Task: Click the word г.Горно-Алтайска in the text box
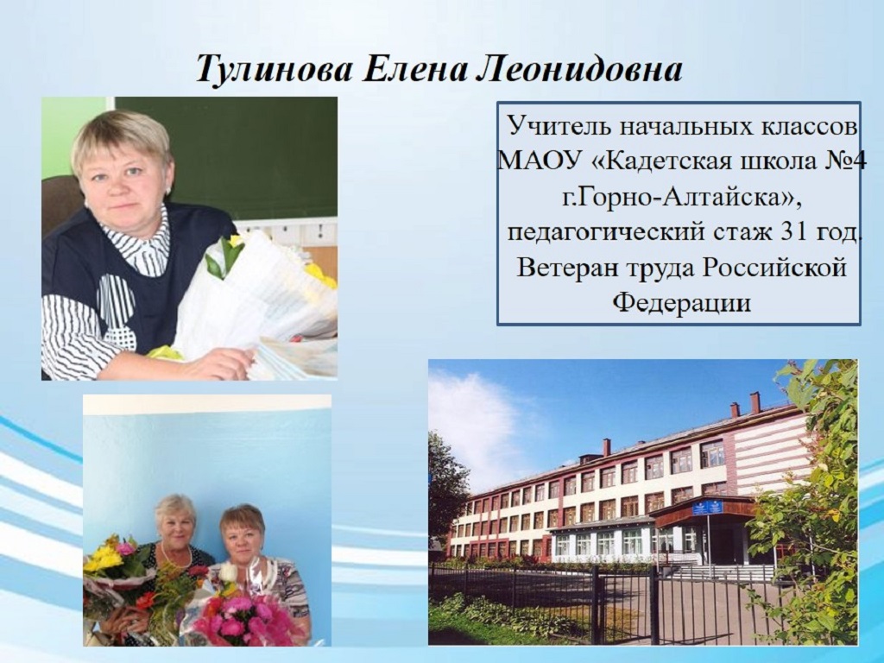click(x=679, y=198)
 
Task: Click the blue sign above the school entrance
click(x=707, y=507)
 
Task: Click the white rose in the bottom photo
click(x=227, y=572)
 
